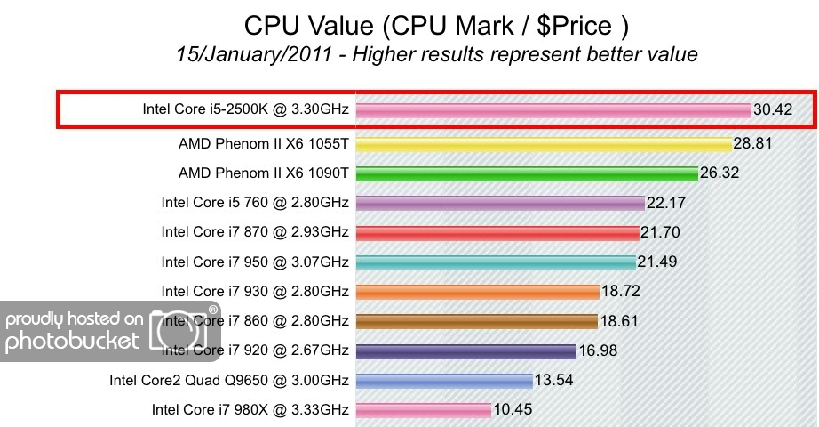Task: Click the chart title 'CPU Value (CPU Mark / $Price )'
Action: coord(436,24)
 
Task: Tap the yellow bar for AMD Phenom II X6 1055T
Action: coord(544,144)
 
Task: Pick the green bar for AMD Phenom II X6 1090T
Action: coord(527,173)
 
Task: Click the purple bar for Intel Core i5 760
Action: coord(500,203)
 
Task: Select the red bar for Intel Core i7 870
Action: coord(497,232)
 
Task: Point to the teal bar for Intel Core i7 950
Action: coord(496,262)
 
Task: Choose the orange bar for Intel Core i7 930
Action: coord(478,291)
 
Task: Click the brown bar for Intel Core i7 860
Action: coord(477,321)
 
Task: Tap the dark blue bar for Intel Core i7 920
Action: coord(466,350)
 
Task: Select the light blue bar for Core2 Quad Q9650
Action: coord(444,381)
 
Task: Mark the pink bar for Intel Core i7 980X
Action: coord(424,410)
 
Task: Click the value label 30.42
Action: coord(774,110)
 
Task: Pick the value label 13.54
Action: coord(555,381)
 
